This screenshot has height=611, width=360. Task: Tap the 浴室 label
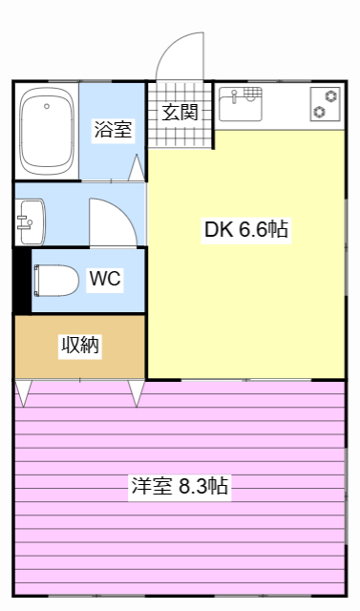[113, 130]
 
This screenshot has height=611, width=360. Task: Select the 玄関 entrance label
[179, 112]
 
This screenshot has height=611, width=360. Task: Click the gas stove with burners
[325, 103]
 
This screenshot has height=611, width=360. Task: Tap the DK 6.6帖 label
[246, 229]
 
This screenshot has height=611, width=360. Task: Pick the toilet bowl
[57, 280]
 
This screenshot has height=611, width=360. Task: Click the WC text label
[105, 279]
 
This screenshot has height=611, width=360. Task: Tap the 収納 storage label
[80, 346]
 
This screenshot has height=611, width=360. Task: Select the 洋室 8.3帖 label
[180, 485]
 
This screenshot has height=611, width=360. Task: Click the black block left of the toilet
[22, 280]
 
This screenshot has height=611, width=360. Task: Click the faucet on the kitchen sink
[250, 94]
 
